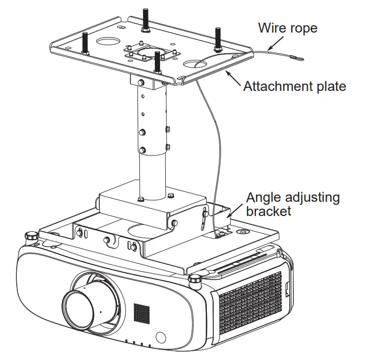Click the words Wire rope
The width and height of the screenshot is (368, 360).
(x=288, y=27)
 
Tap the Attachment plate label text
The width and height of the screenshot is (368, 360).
(x=295, y=86)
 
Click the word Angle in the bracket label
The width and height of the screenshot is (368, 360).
(x=265, y=198)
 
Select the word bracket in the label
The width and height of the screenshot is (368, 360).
(x=268, y=211)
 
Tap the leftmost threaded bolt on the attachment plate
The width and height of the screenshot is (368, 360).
(x=85, y=42)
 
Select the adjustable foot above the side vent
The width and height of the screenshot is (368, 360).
(x=197, y=279)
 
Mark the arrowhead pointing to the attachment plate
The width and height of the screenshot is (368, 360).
(x=228, y=75)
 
